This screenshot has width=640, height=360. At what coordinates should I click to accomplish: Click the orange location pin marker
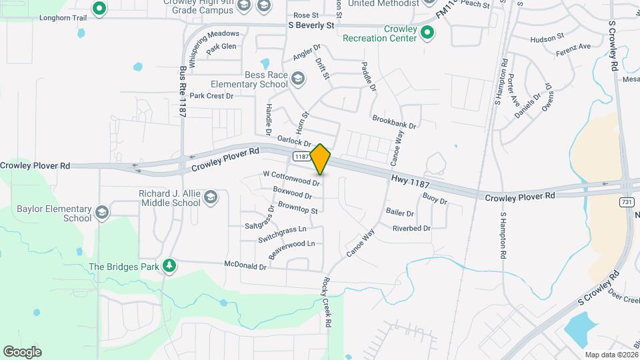point(321,159)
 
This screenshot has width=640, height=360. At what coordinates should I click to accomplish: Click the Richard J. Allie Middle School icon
point(211,198)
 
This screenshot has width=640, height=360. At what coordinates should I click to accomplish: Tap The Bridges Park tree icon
point(169,267)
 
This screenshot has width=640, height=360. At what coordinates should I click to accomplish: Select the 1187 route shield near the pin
point(301,157)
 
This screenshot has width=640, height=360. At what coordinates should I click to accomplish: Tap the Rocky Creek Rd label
point(327,302)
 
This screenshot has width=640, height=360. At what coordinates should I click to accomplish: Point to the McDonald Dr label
point(245,266)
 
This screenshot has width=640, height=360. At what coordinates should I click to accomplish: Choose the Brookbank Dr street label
point(394,124)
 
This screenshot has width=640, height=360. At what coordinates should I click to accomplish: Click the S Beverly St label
point(311,25)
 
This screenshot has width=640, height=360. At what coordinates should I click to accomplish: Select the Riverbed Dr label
point(411,228)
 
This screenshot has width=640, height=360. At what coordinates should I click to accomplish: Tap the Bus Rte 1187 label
point(183,92)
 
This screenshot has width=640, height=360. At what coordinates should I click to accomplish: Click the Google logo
point(22,351)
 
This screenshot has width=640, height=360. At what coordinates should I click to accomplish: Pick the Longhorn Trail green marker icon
point(99,9)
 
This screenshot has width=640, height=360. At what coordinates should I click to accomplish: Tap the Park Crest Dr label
point(211,96)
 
